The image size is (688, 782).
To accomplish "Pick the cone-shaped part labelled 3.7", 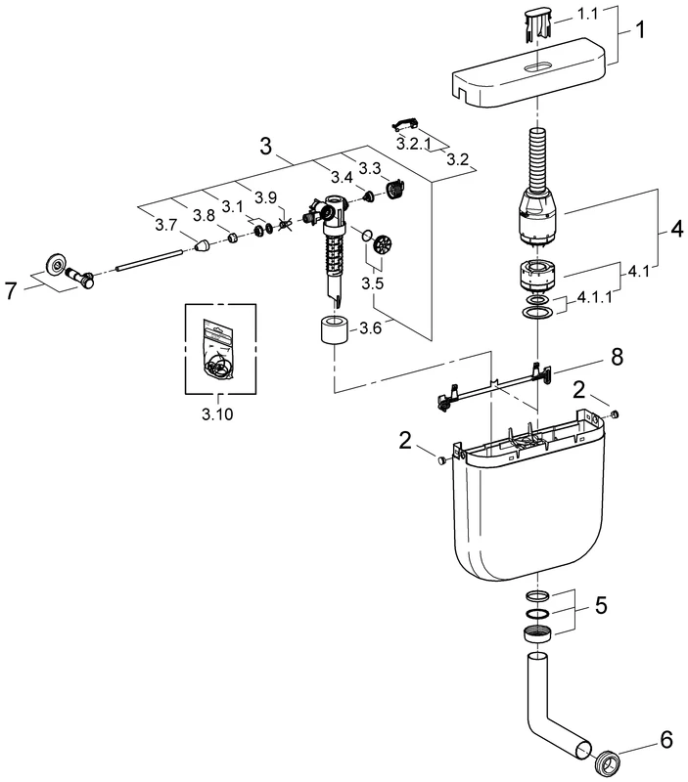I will point(203,248).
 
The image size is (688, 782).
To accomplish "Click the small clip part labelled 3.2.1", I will point(404,122).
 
